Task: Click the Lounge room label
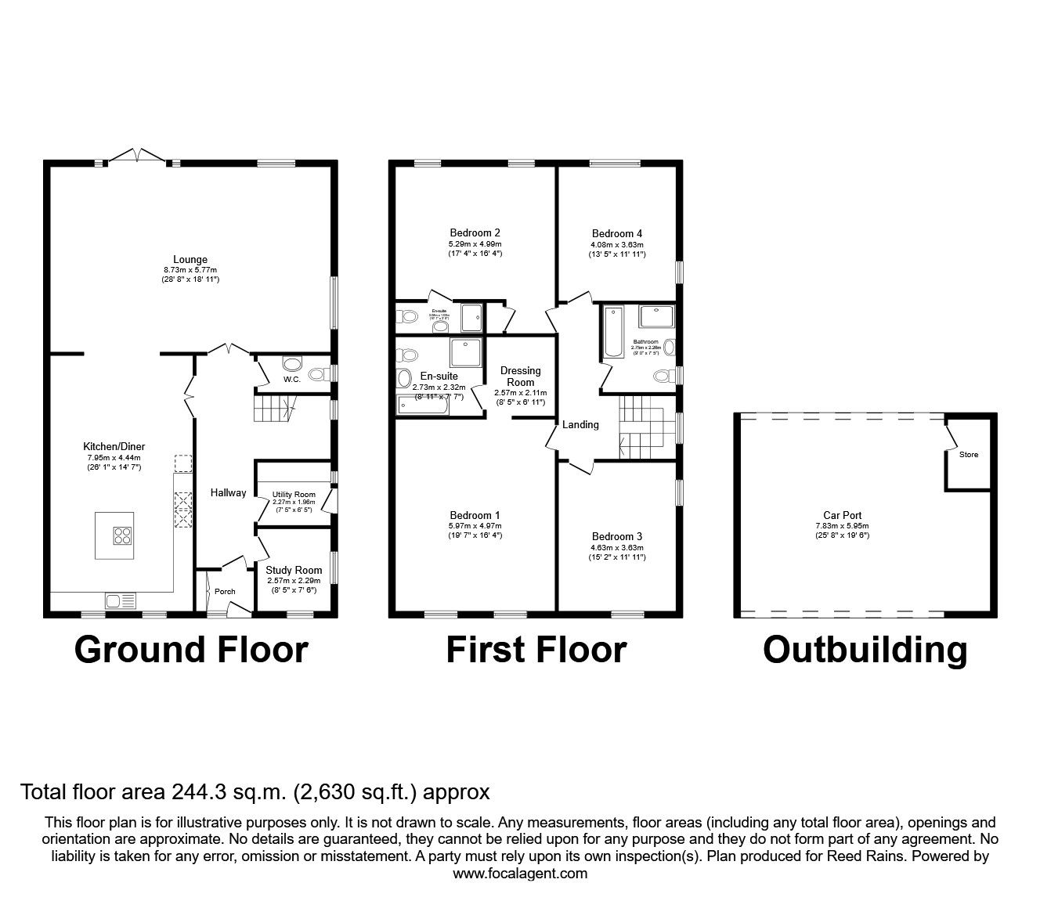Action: click(191, 260)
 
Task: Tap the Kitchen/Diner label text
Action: click(116, 446)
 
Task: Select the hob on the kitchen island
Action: click(123, 536)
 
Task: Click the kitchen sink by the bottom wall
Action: click(120, 601)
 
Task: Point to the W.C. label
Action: click(292, 380)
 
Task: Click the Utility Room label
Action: click(294, 495)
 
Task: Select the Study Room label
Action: click(294, 570)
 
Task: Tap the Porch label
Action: click(225, 591)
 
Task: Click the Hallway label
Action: click(228, 492)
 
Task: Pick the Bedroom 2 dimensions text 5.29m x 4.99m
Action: click(475, 243)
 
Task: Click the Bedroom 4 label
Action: click(617, 233)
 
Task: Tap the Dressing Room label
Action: click(521, 377)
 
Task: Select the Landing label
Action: click(580, 424)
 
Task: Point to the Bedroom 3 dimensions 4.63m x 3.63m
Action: click(617, 547)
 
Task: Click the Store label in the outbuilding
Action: click(969, 454)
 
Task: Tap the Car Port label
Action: click(842, 515)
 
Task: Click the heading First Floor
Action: click(536, 650)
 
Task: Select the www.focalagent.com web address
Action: click(520, 874)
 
